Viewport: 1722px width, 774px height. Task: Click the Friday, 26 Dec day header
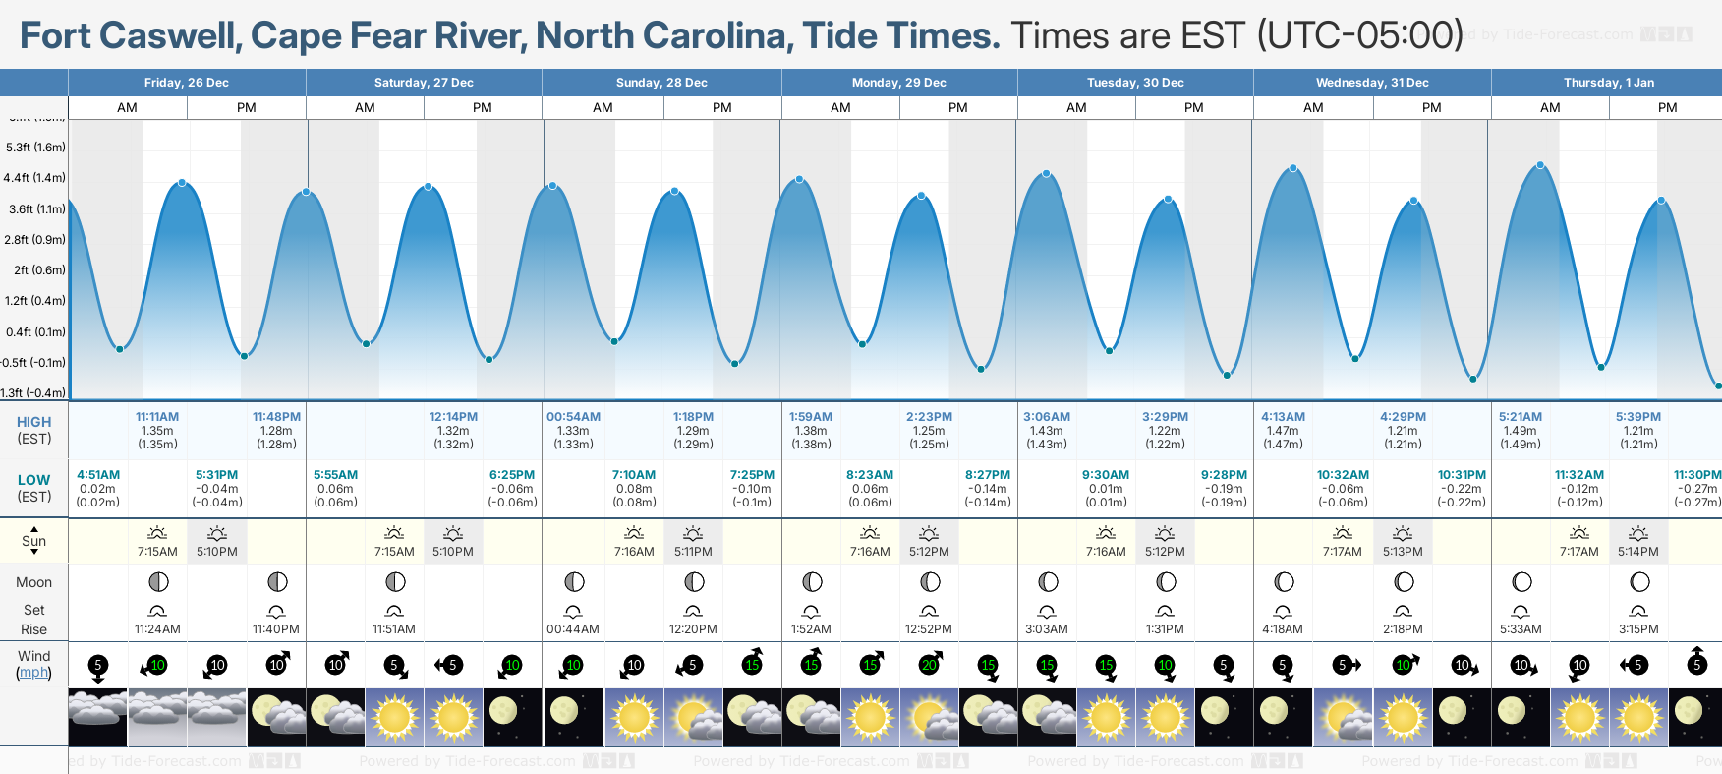187,83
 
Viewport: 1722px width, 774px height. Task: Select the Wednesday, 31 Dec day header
1372,83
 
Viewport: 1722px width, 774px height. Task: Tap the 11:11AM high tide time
157,417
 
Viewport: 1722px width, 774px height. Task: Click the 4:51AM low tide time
98,475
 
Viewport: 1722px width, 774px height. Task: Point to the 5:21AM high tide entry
1520,417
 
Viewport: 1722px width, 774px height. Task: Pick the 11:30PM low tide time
1697,475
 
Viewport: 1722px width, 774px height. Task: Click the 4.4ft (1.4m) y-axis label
34,178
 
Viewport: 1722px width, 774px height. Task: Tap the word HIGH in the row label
34,422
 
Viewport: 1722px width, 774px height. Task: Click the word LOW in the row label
34,480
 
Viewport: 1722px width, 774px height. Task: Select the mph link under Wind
34,673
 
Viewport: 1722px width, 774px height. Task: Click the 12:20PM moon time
693,629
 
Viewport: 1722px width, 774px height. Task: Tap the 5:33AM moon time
1521,629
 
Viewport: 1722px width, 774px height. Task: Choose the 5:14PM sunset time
1638,552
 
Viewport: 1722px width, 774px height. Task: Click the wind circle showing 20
929,665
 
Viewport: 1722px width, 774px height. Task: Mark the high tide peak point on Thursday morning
1540,165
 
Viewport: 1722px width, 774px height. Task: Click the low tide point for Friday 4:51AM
120,349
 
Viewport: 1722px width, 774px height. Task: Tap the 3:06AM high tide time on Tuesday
1046,417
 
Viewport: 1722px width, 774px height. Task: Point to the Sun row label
34,541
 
